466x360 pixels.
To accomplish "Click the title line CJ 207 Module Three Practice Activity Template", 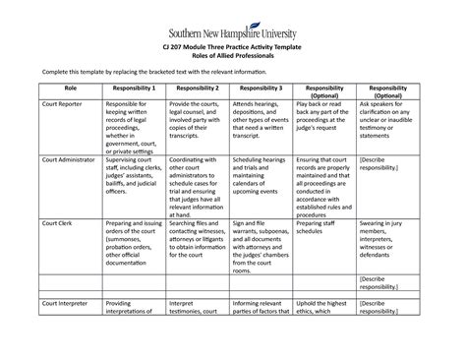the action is point(232,49).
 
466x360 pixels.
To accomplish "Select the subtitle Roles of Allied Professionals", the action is point(232,58).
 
